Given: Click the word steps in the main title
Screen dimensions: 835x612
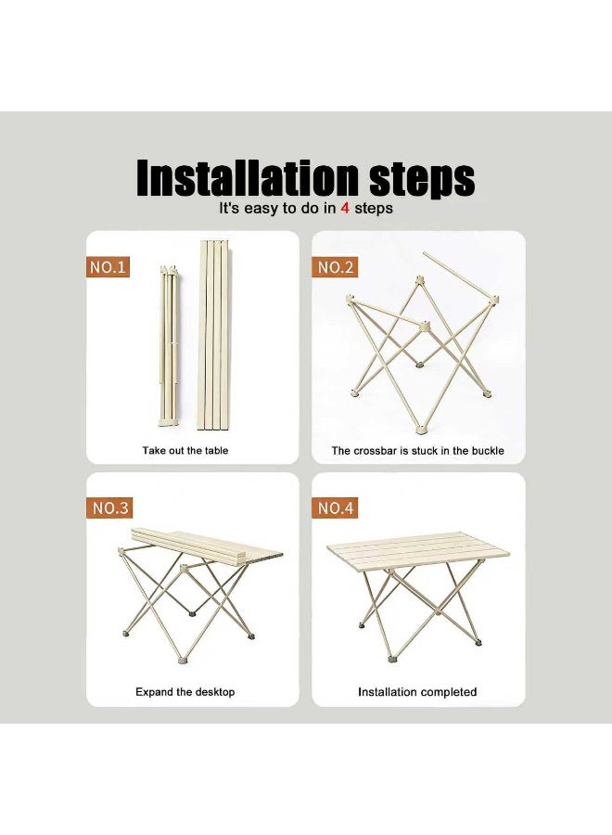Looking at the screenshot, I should [x=416, y=177].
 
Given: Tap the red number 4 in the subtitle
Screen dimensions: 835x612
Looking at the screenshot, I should [x=345, y=209].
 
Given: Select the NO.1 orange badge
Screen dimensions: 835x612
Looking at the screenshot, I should [x=108, y=267].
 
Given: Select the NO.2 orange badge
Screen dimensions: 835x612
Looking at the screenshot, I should [x=337, y=267].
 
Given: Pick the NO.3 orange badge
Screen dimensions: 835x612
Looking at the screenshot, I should [x=108, y=507].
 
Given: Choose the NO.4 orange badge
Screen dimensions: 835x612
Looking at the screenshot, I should [x=337, y=507].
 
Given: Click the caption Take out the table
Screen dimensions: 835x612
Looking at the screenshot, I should [x=185, y=451].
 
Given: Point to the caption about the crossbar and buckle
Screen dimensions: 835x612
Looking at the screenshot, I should [x=417, y=451].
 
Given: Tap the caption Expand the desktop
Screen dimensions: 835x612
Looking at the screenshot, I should [x=185, y=692].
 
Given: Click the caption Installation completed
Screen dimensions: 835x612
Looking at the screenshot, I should [x=417, y=692].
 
